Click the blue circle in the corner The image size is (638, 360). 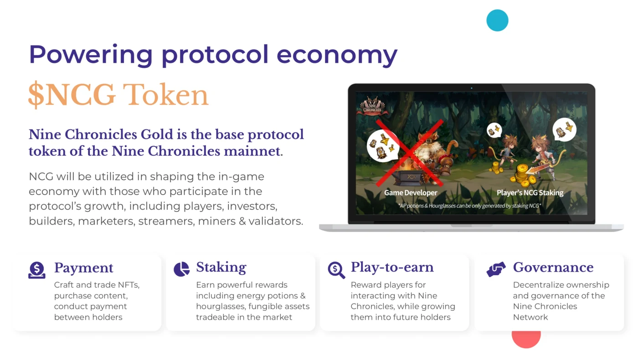(x=497, y=21)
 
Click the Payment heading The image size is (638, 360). (x=83, y=268)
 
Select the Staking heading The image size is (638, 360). (x=221, y=267)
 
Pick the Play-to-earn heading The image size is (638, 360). (x=392, y=267)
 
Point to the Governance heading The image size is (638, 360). (x=553, y=267)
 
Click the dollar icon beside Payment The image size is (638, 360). (x=37, y=270)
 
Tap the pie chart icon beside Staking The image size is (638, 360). (x=181, y=269)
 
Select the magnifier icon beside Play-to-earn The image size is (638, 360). (x=336, y=270)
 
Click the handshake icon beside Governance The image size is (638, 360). (x=496, y=269)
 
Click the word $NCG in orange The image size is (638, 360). (x=72, y=95)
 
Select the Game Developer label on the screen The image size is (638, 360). (x=410, y=193)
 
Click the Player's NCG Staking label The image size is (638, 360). (x=530, y=193)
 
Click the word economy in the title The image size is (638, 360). (x=337, y=55)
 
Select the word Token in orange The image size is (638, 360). (x=165, y=95)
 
